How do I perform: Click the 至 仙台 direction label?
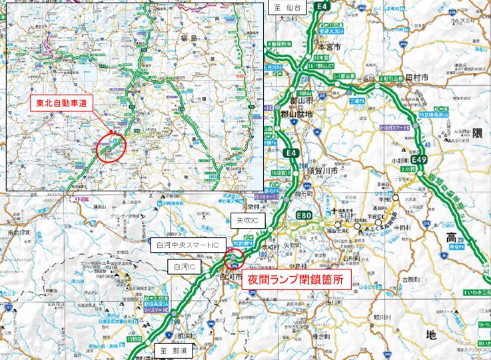tap(286, 7)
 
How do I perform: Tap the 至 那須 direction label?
tap(174, 350)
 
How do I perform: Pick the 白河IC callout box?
tap(182, 267)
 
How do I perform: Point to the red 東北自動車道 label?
tap(61, 103)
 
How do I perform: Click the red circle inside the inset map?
tap(111, 147)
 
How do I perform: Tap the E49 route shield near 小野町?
tap(418, 161)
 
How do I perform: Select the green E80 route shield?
tap(304, 215)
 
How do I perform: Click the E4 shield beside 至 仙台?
tap(324, 7)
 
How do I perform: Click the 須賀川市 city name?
tap(322, 162)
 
